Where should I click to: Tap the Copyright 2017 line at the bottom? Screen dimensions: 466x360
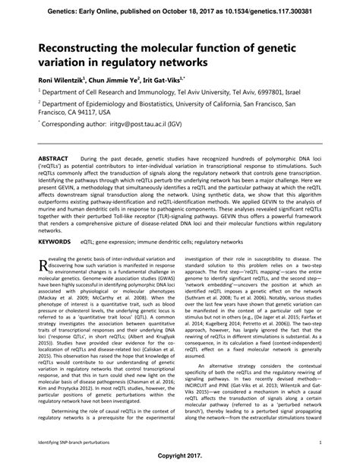click(180, 458)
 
